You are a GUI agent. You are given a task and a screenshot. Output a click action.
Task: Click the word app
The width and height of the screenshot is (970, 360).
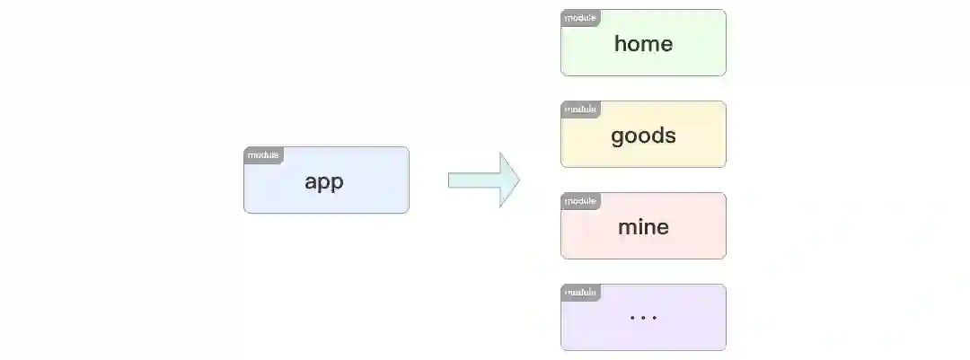(324, 182)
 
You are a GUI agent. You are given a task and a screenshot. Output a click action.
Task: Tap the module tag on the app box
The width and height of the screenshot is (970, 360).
(263, 155)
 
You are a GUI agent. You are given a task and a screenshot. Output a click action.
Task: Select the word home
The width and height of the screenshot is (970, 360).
(643, 43)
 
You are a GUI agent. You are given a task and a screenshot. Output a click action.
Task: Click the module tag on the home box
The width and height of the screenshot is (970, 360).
(580, 17)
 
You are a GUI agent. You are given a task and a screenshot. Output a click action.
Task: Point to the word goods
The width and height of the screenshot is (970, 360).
(643, 136)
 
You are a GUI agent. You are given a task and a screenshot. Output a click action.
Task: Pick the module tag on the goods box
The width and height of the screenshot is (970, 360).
(580, 110)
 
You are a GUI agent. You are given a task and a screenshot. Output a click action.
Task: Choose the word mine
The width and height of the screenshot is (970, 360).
(643, 227)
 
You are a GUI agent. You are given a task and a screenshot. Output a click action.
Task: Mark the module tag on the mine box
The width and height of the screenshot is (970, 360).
(580, 201)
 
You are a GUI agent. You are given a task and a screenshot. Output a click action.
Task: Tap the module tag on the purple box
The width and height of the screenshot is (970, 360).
(580, 293)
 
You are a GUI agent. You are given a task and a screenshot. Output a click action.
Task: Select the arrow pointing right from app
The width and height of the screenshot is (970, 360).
(483, 180)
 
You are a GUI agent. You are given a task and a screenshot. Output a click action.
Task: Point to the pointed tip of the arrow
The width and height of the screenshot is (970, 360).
(517, 180)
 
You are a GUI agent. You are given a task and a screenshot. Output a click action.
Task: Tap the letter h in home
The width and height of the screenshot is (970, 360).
(621, 43)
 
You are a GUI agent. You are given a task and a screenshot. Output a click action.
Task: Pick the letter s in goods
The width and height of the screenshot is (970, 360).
(670, 136)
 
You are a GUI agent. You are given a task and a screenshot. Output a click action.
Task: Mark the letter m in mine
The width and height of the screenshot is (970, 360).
(626, 227)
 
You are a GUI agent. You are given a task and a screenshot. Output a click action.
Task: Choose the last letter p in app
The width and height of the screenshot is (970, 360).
(337, 183)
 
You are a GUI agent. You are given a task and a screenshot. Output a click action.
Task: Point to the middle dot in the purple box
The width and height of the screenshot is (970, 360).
(643, 318)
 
